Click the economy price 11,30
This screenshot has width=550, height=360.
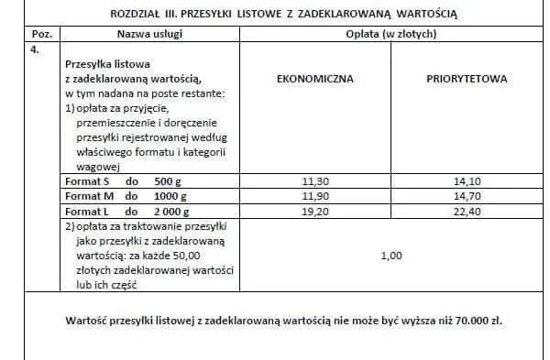[314, 181]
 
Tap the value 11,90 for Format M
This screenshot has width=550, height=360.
[314, 196]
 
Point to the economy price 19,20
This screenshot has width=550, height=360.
[314, 211]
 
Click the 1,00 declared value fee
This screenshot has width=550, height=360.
[391, 256]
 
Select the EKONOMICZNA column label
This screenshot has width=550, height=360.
[314, 79]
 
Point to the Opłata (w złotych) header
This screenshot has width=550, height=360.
[391, 34]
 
